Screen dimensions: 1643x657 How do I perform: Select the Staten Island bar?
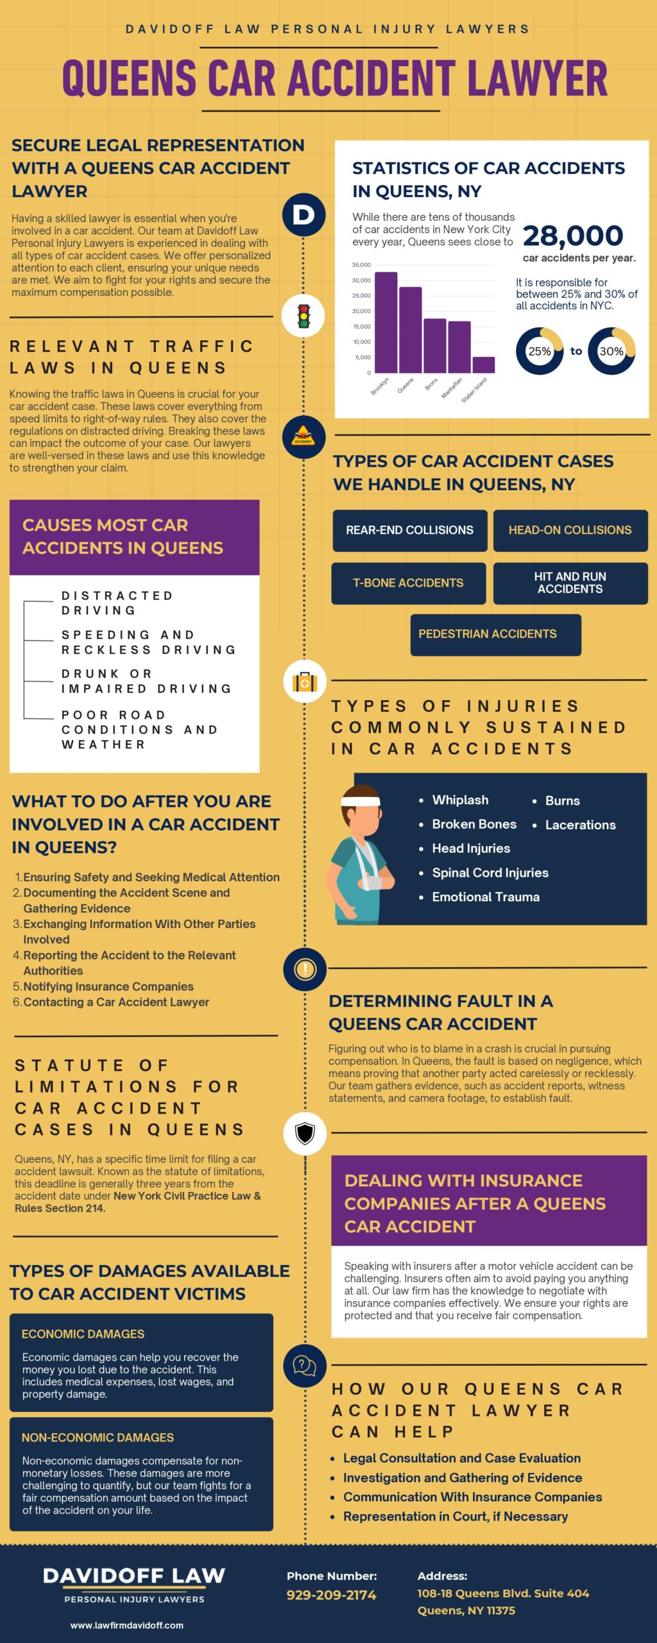pyautogui.click(x=483, y=365)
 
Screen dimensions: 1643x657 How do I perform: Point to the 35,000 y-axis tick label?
pyautogui.click(x=361, y=265)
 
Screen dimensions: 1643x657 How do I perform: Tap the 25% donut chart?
pyautogui.click(x=540, y=351)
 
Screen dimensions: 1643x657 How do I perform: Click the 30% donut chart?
pyautogui.click(x=611, y=351)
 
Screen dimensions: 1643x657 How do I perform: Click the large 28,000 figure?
pyautogui.click(x=572, y=236)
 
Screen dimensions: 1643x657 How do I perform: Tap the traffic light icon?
pyautogui.click(x=304, y=316)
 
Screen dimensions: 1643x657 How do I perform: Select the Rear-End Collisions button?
pyautogui.click(x=409, y=530)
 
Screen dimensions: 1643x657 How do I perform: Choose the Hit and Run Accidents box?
pyautogui.click(x=570, y=583)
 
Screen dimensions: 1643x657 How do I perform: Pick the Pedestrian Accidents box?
pyautogui.click(x=495, y=634)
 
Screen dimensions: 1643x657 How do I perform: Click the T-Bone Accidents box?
pyautogui.click(x=408, y=583)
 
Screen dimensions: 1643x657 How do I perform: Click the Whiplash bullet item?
pyautogui.click(x=460, y=800)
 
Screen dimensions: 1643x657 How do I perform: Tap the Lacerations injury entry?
pyautogui.click(x=580, y=825)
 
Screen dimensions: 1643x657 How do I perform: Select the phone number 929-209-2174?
pyautogui.click(x=331, y=1595)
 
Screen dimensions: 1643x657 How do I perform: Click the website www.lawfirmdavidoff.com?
pyautogui.click(x=127, y=1626)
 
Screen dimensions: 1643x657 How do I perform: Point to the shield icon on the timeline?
pyautogui.click(x=305, y=1134)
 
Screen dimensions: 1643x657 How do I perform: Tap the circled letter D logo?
pyautogui.click(x=304, y=214)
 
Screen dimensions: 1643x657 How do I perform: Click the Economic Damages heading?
pyautogui.click(x=83, y=1334)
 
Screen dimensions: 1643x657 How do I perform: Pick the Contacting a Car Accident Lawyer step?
pyautogui.click(x=116, y=1002)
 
